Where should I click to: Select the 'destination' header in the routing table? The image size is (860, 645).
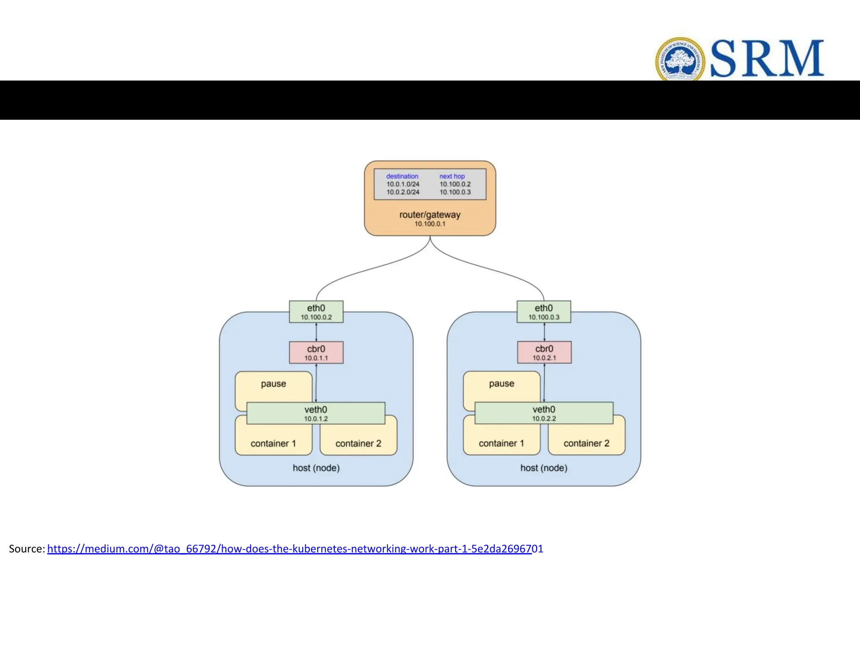pyautogui.click(x=402, y=176)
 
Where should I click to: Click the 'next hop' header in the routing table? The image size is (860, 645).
pyautogui.click(x=452, y=176)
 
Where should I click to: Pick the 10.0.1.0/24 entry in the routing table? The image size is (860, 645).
pyautogui.click(x=403, y=184)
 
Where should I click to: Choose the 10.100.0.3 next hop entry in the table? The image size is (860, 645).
pyautogui.click(x=455, y=192)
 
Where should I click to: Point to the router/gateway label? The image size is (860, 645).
pyautogui.click(x=430, y=215)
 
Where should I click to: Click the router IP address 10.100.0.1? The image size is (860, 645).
pyautogui.click(x=430, y=224)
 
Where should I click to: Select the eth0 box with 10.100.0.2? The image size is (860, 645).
pyautogui.click(x=316, y=312)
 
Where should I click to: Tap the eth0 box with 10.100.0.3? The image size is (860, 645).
pyautogui.click(x=544, y=312)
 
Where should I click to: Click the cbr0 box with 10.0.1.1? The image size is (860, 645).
pyautogui.click(x=316, y=353)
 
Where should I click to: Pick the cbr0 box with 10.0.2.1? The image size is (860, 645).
pyautogui.click(x=544, y=353)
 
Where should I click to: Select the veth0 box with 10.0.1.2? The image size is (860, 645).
pyautogui.click(x=316, y=414)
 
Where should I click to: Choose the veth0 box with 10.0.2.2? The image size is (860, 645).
pyautogui.click(x=544, y=413)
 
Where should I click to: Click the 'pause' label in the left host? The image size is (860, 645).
pyautogui.click(x=273, y=384)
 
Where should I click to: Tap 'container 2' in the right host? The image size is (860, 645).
pyautogui.click(x=586, y=443)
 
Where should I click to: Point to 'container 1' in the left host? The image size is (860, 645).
pyautogui.click(x=273, y=443)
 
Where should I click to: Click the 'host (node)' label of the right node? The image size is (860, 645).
pyautogui.click(x=544, y=468)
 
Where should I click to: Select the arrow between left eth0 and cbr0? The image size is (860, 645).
pyautogui.click(x=316, y=332)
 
